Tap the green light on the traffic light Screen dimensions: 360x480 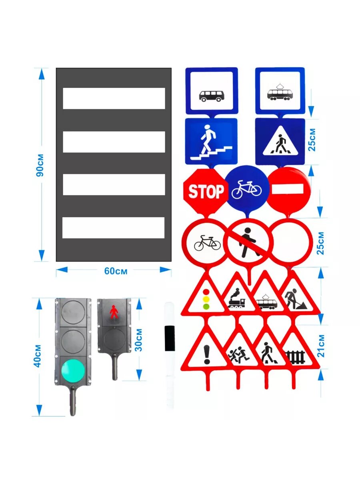coord(72,370)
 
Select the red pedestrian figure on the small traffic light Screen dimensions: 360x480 coord(114,312)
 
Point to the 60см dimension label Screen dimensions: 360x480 coord(116,271)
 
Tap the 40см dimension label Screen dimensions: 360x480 coord(38,356)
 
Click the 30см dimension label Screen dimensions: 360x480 coord(139,340)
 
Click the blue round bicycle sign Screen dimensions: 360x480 coord(246,188)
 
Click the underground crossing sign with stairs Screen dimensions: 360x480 coord(211,141)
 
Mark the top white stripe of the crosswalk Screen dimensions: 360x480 coord(114,98)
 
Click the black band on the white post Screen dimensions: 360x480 coord(170,338)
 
